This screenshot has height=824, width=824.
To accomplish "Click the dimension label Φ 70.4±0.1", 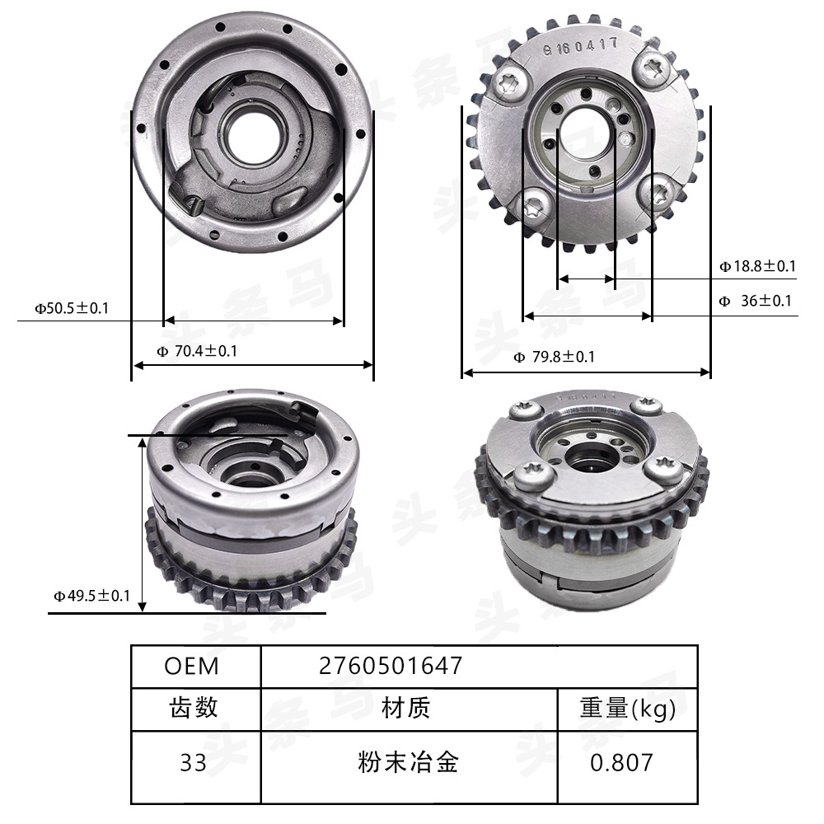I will [197, 351].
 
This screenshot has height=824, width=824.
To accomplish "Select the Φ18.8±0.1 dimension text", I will [756, 266].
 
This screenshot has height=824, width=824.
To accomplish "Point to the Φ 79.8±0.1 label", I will [554, 357].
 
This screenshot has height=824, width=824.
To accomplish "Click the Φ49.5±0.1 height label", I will [91, 595].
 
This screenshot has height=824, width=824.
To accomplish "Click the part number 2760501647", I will [390, 666].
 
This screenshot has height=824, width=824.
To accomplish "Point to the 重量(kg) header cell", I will [627, 708].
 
